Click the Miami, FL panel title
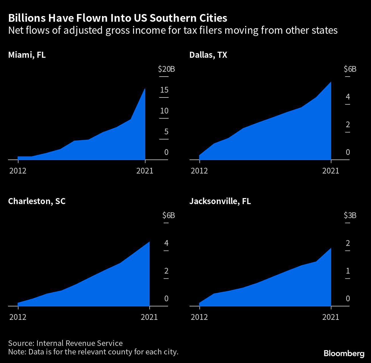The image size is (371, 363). coord(27,55)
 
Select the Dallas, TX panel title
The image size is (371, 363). coord(208,55)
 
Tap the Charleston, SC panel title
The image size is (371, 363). coord(37,201)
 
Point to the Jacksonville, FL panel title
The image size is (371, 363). coord(220,201)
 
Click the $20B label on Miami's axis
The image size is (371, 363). coord(166,69)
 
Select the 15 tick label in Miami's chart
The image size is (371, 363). coord(164,90)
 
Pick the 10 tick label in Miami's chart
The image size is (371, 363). coord(164,111)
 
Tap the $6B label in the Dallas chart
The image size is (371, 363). coord(350,69)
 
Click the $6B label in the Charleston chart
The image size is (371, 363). coord(168,215)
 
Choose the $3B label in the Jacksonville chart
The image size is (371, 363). coord(350,215)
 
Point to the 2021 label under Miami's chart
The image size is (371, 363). coord(145,171)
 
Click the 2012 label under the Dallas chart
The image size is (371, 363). coord(199,171)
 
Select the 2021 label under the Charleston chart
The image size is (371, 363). coord(149,317)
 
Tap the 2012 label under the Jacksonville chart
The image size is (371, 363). coord(199,317)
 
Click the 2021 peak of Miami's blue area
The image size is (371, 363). coord(145,89)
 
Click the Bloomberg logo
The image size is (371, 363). coord(344,353)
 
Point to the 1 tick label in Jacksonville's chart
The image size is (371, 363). coord(348,271)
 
